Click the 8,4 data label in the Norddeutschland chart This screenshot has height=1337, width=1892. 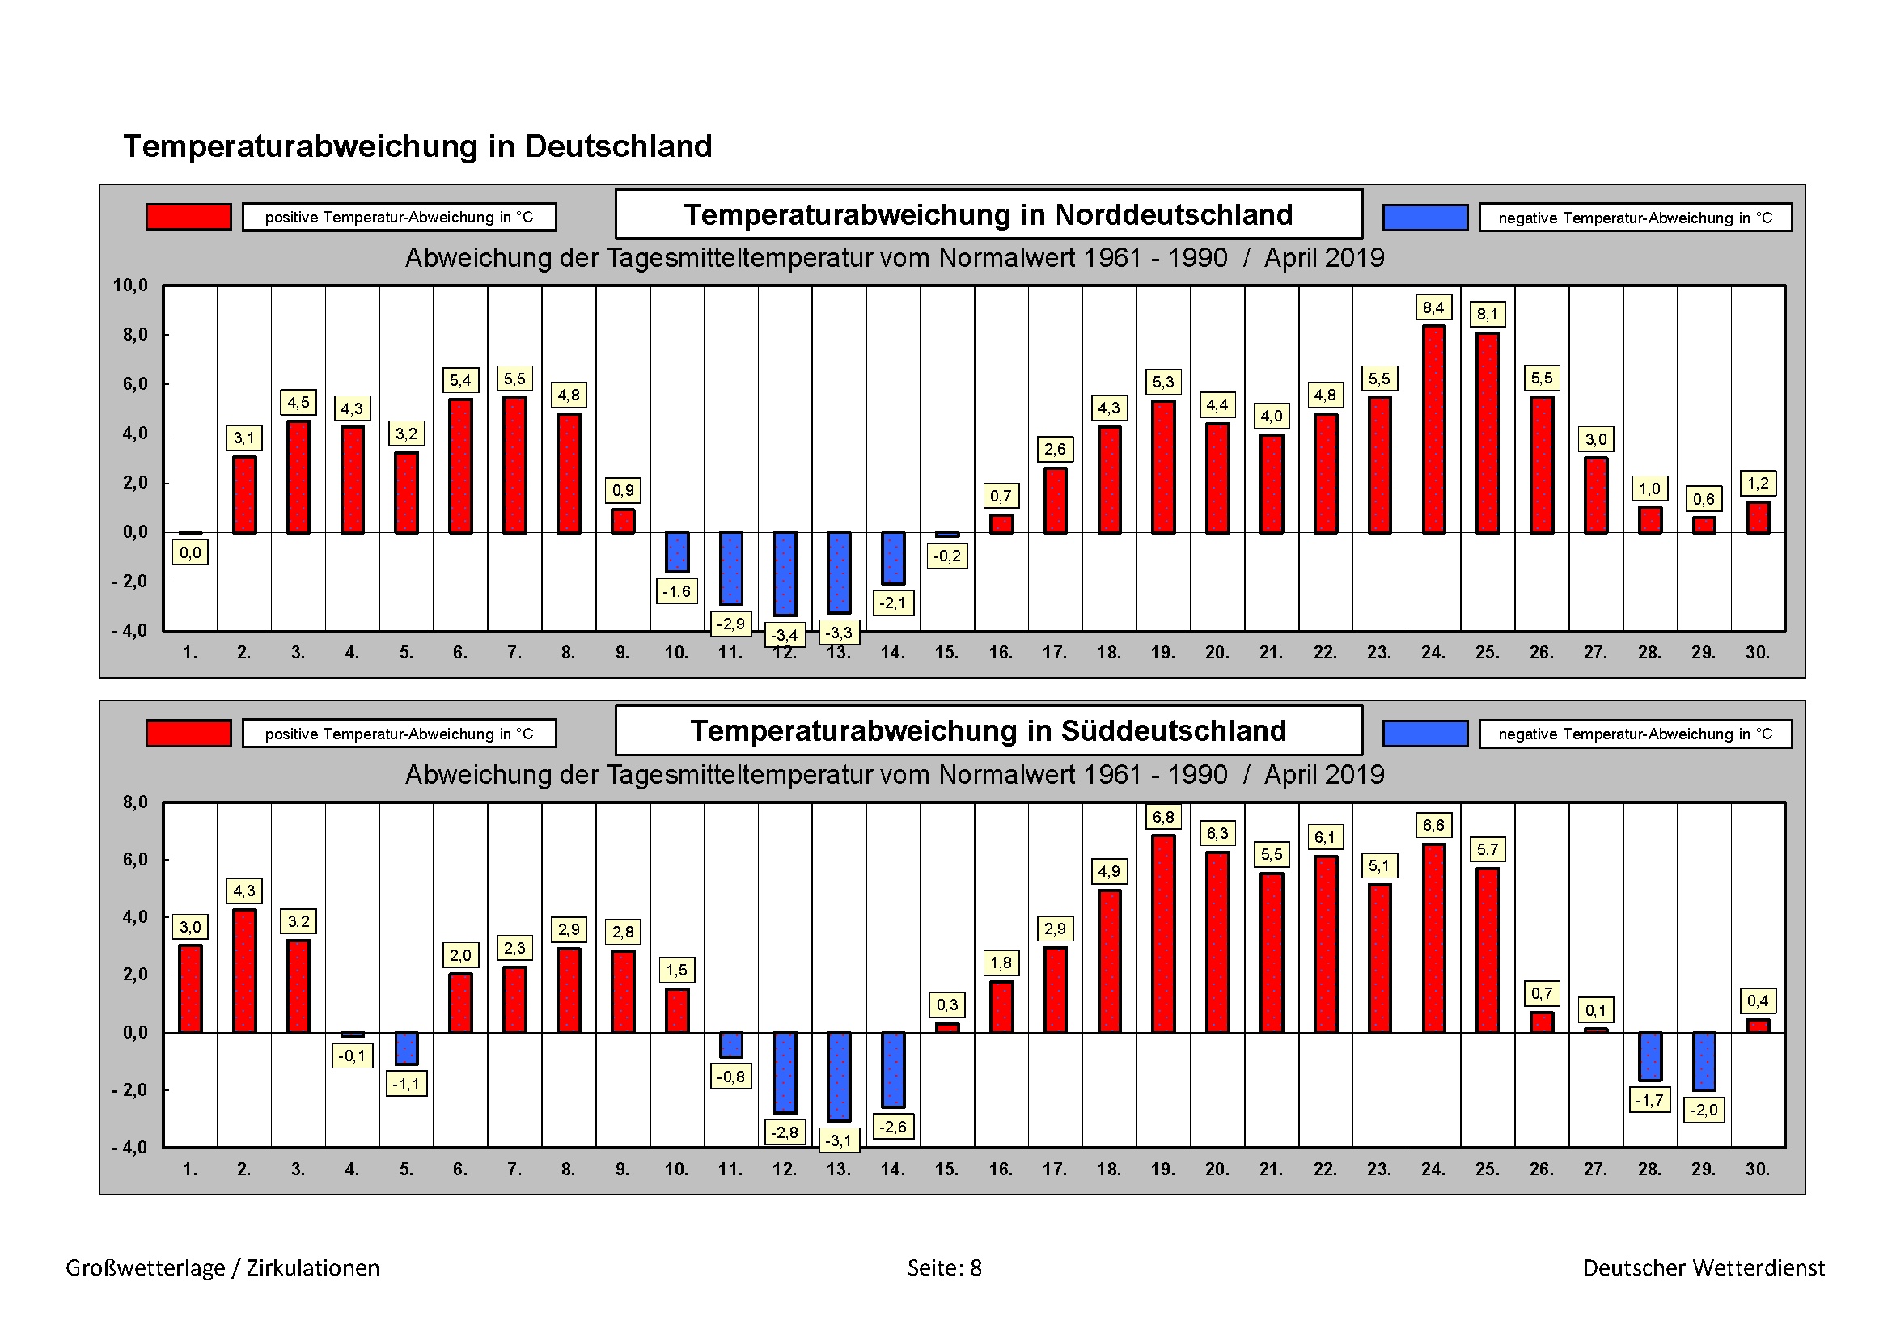pos(1433,308)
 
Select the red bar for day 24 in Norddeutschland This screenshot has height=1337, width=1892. pos(1433,429)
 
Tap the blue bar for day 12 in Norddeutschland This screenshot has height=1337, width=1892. pos(785,573)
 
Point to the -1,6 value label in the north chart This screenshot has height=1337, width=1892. pos(676,591)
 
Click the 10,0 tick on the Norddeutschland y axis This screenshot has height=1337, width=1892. pos(130,286)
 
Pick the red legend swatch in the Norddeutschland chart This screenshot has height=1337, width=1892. pos(188,217)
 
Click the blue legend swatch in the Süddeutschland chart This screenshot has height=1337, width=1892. pos(1424,733)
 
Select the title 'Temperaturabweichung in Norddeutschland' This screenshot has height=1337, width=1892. pos(988,215)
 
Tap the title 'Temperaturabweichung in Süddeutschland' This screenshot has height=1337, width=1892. pos(988,731)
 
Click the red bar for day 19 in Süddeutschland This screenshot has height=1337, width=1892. pos(1162,933)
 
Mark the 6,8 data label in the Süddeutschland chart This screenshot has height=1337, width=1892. pos(1162,817)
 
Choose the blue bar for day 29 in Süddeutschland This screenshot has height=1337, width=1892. pos(1704,1061)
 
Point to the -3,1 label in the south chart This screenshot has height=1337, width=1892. pos(839,1141)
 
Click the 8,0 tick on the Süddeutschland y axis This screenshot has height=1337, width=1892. pos(135,802)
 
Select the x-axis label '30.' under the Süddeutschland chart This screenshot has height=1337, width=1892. pos(1757,1169)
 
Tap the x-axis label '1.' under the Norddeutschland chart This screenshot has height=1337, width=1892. pos(189,653)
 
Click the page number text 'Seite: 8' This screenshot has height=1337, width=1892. pos(944,1267)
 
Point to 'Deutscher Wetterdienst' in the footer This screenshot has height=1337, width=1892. pos(1704,1267)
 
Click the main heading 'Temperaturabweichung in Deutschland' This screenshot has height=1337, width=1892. pos(417,146)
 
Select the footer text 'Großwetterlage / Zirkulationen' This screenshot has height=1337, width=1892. pos(222,1267)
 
